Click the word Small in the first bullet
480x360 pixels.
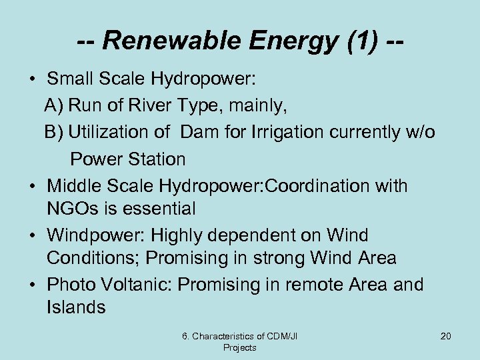(70, 79)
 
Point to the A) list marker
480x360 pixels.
(54, 105)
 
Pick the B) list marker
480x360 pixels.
(54, 132)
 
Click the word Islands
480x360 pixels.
(76, 307)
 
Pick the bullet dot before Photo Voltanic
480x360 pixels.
(33, 285)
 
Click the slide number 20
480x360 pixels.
(445, 336)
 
